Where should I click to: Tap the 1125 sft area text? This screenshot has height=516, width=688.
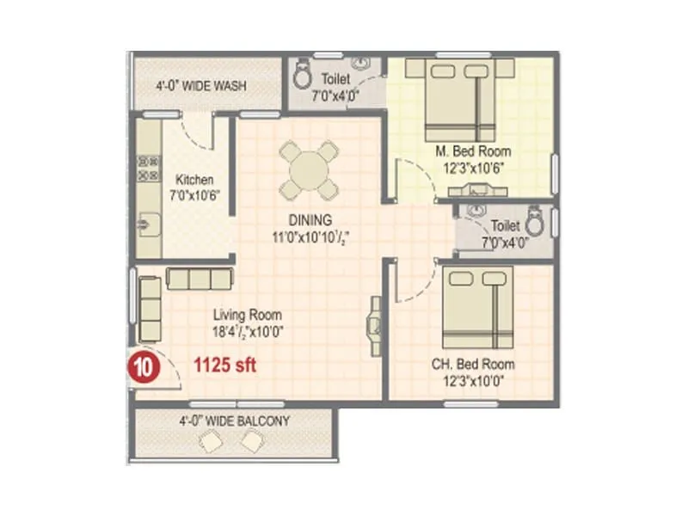coord(224,365)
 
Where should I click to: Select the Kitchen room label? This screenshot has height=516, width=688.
coord(194,180)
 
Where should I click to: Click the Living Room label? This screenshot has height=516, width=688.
coord(248,315)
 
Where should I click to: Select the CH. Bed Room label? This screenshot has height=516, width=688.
coord(473,364)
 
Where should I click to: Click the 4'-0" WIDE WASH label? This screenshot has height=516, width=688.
coord(201,86)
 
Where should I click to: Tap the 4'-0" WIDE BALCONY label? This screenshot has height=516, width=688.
coord(234,421)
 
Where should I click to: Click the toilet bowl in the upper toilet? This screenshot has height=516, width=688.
coord(303,76)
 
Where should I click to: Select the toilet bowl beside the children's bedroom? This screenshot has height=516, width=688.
coord(535,223)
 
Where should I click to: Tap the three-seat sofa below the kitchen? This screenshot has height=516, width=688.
coord(200,279)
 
